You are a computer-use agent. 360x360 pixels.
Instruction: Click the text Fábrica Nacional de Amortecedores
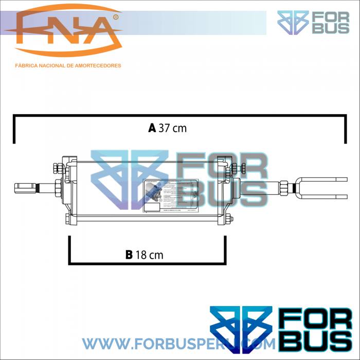(x=68, y=66)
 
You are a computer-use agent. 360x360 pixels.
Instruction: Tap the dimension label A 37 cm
(x=167, y=129)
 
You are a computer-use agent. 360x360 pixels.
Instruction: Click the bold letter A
(x=152, y=129)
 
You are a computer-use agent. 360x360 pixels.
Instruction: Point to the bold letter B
(x=129, y=255)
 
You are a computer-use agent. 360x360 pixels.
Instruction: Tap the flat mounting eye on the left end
(x=25, y=187)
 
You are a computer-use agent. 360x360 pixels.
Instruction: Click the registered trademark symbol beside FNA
(x=115, y=17)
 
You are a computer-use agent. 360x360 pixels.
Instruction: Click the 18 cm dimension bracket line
(x=147, y=264)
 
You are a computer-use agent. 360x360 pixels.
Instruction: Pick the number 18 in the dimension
(x=141, y=255)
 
